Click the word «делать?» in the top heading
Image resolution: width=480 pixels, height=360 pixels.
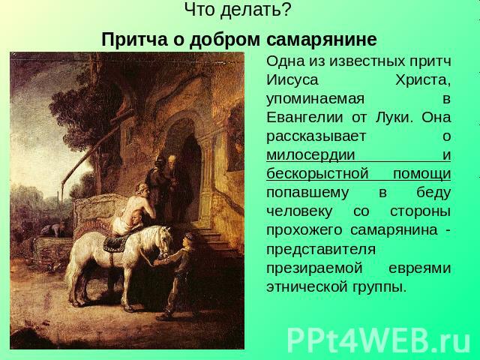tap(255, 10)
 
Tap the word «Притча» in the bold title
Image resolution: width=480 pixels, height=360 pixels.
tap(134, 40)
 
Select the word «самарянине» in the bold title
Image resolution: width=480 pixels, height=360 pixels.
tap(322, 40)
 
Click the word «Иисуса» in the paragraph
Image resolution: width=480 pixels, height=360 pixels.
tap(292, 80)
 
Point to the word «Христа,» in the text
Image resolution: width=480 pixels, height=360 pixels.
tap(423, 81)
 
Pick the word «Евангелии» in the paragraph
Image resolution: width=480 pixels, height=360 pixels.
tap(304, 118)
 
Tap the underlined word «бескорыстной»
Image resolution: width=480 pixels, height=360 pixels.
tap(317, 174)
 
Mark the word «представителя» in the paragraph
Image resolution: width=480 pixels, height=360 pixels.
tap(320, 249)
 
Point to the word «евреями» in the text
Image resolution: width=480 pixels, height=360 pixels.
tap(419, 268)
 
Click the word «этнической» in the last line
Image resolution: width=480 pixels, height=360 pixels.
tap(309, 286)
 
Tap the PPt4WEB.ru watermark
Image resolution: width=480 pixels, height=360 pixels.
tap(378, 340)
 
